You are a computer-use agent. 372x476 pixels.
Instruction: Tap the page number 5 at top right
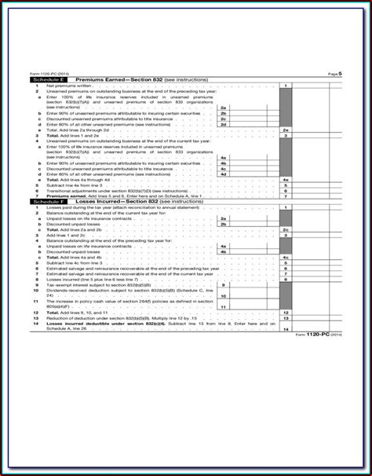click(x=338, y=74)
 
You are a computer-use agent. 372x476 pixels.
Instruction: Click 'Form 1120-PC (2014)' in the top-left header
click(x=46, y=74)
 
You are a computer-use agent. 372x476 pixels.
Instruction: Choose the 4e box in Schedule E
click(x=286, y=178)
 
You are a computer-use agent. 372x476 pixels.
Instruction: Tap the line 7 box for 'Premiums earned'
click(x=286, y=196)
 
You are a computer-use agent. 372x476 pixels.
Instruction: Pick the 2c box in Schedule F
click(x=286, y=229)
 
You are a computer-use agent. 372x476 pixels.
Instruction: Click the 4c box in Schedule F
click(x=286, y=257)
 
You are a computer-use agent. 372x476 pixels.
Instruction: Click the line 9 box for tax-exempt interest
click(x=224, y=284)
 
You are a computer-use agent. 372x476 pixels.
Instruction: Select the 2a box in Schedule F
click(x=224, y=218)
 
